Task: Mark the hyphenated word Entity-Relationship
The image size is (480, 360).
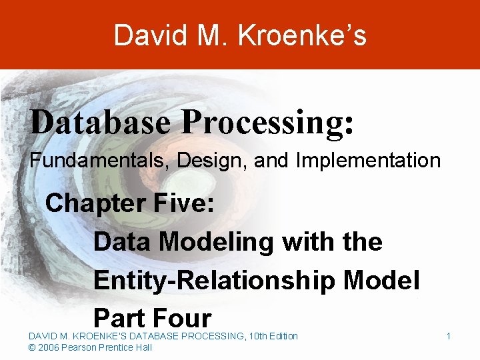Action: tap(213, 281)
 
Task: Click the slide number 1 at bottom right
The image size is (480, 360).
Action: tap(449, 336)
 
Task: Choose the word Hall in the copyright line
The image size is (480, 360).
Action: tap(143, 347)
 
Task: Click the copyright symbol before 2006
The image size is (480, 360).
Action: tap(32, 347)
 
